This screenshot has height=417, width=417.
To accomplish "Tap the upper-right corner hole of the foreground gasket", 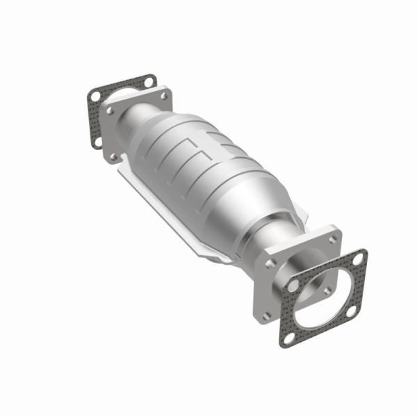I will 358,259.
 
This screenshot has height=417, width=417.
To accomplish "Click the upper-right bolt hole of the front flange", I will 332,237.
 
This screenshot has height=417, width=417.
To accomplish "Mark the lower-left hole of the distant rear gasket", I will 97,142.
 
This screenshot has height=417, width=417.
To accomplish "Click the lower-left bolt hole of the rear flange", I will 113,156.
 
